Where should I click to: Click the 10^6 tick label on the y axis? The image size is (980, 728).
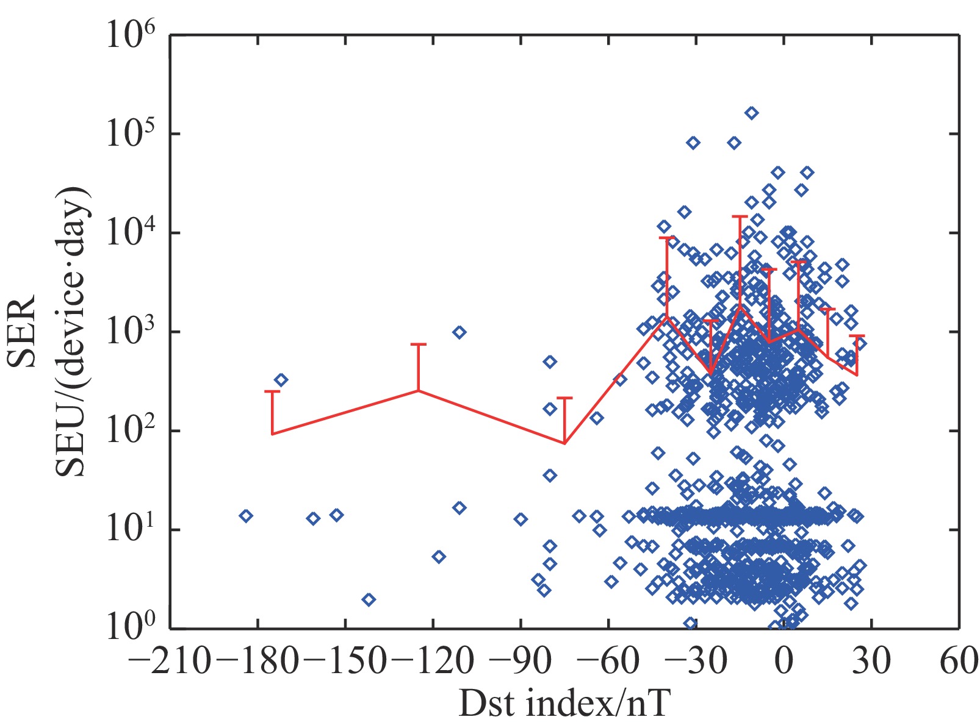(131, 35)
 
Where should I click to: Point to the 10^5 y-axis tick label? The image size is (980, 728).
(131, 134)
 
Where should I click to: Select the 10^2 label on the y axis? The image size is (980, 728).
(131, 431)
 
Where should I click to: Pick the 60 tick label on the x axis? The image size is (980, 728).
(959, 662)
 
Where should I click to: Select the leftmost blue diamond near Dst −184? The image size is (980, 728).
(246, 516)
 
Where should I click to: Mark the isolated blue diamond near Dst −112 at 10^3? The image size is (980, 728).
(459, 332)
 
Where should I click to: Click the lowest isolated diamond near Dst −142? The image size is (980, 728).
(369, 599)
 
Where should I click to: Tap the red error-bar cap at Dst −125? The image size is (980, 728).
(418, 344)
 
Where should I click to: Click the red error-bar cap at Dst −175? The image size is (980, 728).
(272, 391)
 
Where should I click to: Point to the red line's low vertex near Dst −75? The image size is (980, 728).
(564, 443)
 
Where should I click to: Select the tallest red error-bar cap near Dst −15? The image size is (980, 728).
(740, 216)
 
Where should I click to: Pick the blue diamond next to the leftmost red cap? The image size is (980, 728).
(281, 380)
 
